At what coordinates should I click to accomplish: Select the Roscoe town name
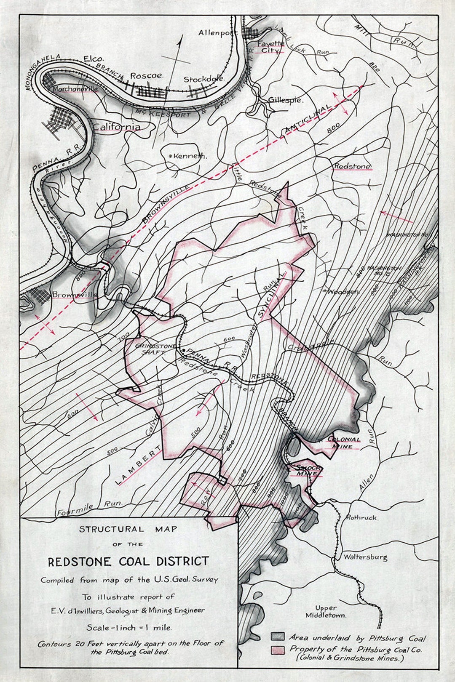pos(146,76)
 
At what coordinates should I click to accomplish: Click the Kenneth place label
pos(188,156)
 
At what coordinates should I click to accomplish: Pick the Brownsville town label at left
pos(74,295)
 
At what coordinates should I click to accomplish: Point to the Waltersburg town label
pos(365,557)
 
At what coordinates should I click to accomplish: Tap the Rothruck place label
pos(361,517)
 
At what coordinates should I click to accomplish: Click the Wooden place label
pos(341,291)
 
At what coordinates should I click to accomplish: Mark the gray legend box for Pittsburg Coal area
pos(278,636)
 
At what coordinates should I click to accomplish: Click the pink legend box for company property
pos(278,650)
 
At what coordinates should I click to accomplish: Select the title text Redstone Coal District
pos(128,562)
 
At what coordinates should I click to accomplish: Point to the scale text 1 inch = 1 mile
pos(129,627)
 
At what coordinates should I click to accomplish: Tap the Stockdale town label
pos(203,79)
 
